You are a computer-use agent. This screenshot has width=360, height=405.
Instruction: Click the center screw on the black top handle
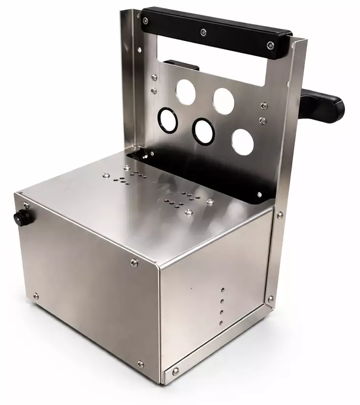pos(203,33)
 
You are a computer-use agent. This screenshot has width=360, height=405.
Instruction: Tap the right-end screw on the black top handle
pos(270,45)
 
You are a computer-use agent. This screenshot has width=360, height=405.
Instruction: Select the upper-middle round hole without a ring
pos(223,99)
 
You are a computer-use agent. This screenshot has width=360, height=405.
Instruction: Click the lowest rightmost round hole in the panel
pos(242,141)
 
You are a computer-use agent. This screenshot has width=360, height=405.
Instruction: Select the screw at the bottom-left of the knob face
pos(35,296)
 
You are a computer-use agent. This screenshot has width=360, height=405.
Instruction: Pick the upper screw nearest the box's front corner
pos(134,263)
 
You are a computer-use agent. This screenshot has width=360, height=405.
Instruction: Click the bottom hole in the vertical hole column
pos(221,323)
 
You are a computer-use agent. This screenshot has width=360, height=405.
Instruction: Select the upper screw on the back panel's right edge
pos(264,105)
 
